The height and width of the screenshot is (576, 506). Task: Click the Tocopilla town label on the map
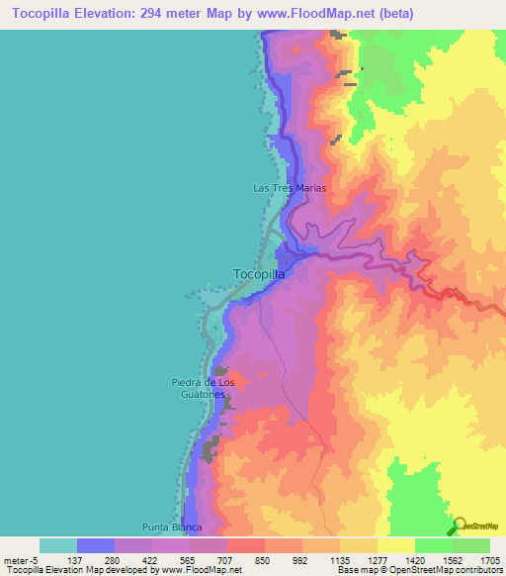(x=259, y=274)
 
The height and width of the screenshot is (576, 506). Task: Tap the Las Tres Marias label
(x=290, y=187)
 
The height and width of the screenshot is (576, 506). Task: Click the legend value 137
(x=73, y=559)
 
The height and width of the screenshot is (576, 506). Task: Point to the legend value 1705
(x=488, y=559)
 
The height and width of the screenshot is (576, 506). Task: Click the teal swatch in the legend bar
(x=58, y=545)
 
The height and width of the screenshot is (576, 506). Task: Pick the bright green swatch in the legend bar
(x=434, y=545)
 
